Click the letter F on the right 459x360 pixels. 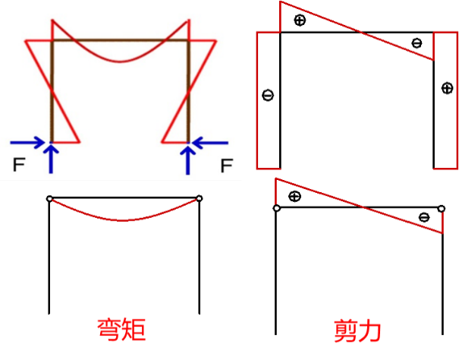(x=225, y=165)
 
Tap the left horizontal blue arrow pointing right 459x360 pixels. (x=29, y=142)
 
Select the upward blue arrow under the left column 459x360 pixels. (x=52, y=158)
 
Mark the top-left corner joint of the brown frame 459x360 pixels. (x=52, y=40)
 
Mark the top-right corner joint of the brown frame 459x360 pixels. (x=188, y=40)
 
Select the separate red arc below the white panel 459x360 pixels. (x=125, y=219)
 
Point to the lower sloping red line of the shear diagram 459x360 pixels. (x=357, y=205)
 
